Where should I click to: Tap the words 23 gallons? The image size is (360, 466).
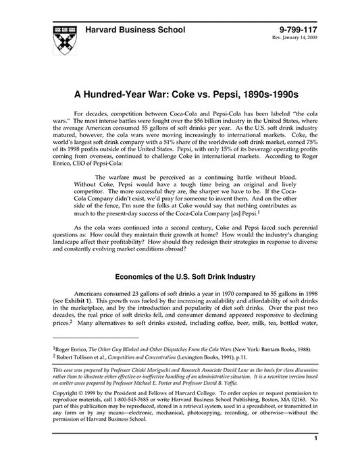150,296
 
